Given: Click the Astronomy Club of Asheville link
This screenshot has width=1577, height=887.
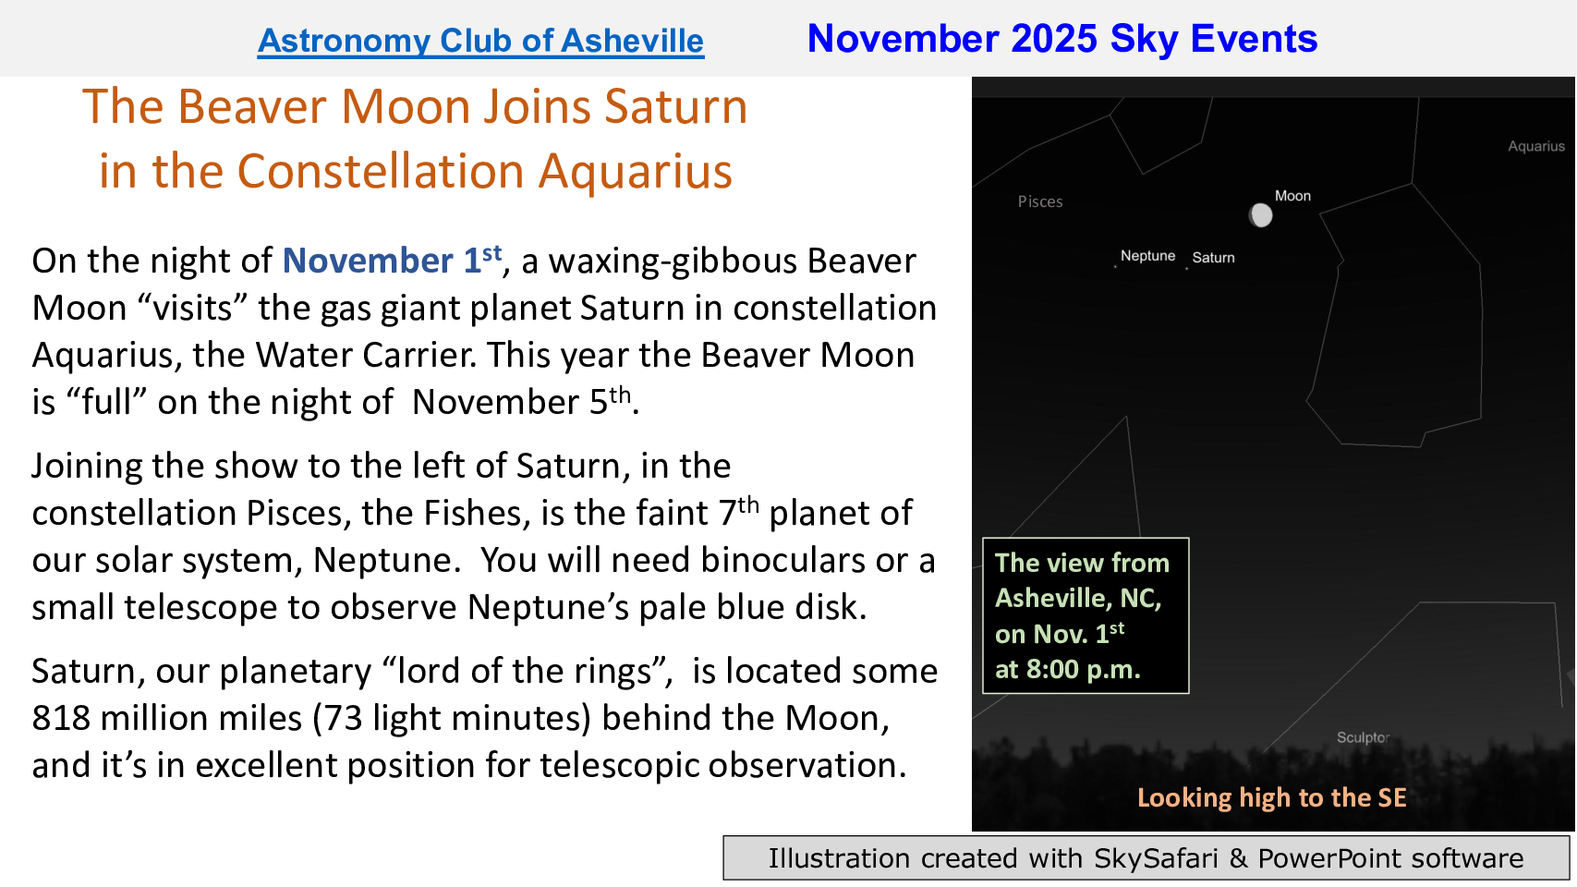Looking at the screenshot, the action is pos(480,41).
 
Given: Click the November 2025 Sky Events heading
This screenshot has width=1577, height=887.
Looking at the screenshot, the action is pos(1062,38).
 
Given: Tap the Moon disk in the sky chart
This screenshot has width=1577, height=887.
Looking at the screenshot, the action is pos(1260,215).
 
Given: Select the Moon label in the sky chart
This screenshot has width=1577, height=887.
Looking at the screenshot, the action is pos(1292,196).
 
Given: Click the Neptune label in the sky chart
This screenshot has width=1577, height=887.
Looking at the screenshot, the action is pos(1147,256).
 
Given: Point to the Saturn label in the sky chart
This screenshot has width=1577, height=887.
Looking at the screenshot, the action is pos(1213,258).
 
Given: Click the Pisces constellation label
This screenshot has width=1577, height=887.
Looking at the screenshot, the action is pos(1040,201).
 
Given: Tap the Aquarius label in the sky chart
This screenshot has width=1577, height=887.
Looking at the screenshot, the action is pos(1536,146).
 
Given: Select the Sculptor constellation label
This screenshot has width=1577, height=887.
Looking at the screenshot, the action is pos(1363,737).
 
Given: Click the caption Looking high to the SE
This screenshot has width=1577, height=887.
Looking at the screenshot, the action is pos(1271,797).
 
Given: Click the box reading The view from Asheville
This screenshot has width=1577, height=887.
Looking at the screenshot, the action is pos(1086,616).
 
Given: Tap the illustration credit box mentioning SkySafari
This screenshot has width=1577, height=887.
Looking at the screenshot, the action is pos(1146,858).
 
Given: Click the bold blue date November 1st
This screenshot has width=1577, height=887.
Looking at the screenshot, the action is pos(392,261).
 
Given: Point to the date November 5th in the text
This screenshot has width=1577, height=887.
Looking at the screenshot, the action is pos(522,402).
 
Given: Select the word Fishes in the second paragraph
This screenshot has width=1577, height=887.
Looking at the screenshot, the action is pos(477,513).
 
